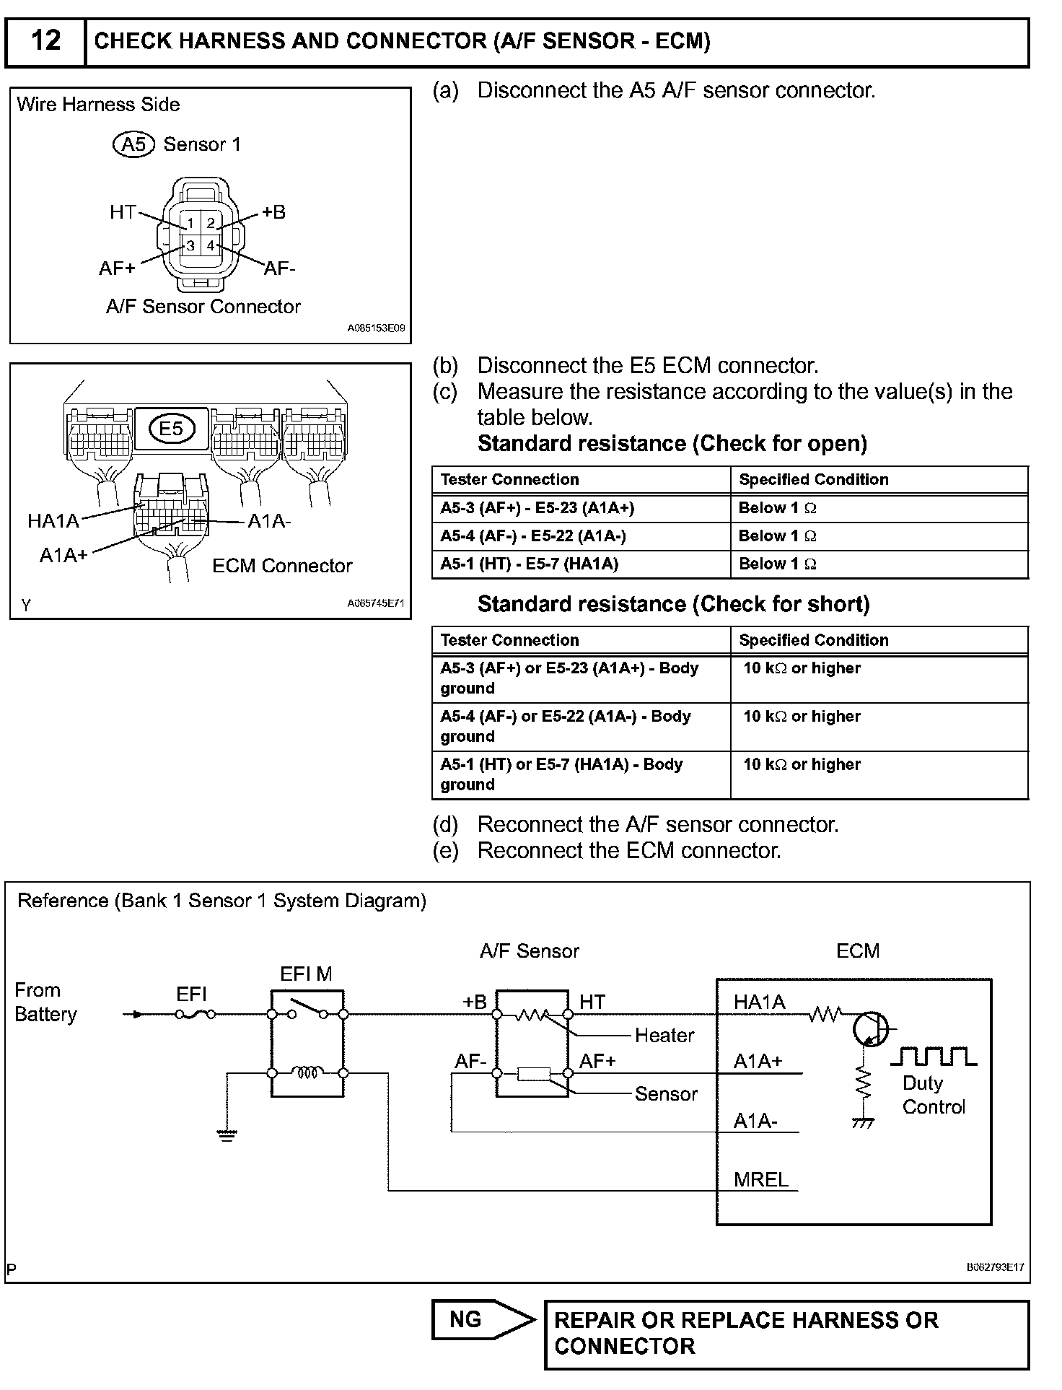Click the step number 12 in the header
click(x=45, y=40)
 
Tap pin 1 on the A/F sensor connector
click(x=190, y=223)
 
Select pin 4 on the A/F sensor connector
click(x=211, y=245)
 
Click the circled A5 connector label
click(x=133, y=144)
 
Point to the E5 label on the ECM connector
click(x=171, y=429)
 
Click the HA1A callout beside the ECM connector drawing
click(x=53, y=520)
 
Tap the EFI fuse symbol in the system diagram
click(x=195, y=1014)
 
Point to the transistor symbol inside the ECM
click(x=870, y=1028)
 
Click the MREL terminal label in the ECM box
click(x=760, y=1179)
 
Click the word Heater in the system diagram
click(x=664, y=1035)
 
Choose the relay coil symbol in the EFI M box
click(x=307, y=1073)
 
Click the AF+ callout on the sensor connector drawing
click(x=117, y=268)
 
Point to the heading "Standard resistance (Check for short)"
click(x=673, y=604)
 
